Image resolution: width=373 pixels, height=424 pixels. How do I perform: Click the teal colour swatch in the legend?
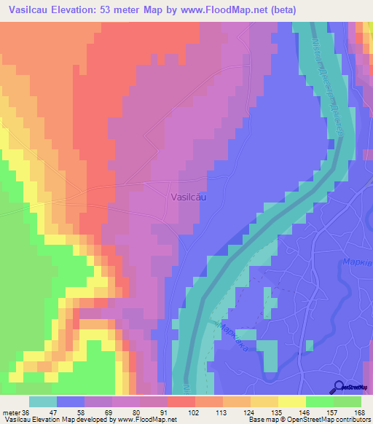[43, 401]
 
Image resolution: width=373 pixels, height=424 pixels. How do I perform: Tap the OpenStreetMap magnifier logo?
[339, 386]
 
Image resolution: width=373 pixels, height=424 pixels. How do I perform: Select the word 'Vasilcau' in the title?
[31, 9]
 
